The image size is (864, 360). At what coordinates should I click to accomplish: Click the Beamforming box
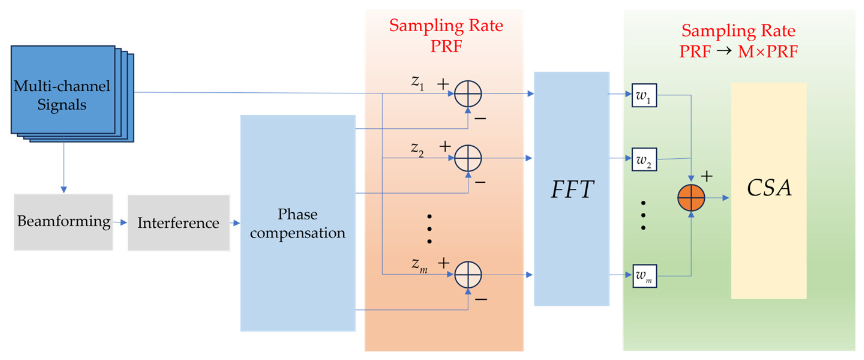63,222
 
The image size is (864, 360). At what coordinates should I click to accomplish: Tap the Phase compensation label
298,223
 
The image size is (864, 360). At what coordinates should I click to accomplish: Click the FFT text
572,189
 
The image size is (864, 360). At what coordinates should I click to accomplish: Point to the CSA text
769,187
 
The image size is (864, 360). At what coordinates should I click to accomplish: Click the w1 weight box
644,96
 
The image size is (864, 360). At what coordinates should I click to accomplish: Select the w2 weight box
644,160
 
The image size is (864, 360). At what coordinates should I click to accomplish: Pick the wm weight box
644,276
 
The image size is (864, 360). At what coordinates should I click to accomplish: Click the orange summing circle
691,198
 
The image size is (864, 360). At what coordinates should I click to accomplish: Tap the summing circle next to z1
468,94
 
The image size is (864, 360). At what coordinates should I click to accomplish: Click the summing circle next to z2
468,158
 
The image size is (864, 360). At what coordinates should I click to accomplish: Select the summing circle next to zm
468,275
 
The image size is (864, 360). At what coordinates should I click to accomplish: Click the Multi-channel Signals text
62,95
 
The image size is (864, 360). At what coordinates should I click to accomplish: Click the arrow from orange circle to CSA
718,198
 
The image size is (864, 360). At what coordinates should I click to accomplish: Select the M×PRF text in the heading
767,52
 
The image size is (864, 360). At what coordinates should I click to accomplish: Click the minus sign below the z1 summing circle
480,118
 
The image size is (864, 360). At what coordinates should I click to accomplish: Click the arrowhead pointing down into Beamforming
64,190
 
